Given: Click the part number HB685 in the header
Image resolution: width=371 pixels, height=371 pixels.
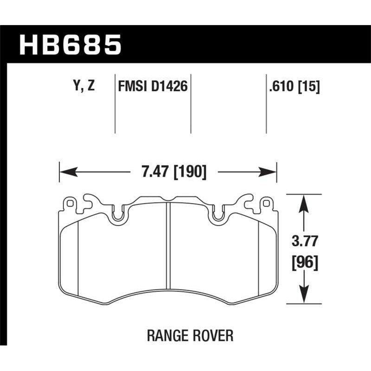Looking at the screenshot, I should click(x=70, y=45).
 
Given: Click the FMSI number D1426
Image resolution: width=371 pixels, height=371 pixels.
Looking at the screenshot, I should click(x=169, y=86).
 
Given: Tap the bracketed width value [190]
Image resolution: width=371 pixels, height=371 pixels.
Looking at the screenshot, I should click(x=189, y=173).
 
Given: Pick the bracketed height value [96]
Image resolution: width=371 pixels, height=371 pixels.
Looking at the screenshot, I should click(x=304, y=263).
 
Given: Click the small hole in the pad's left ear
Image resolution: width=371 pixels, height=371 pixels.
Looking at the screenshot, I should click(x=70, y=203).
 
